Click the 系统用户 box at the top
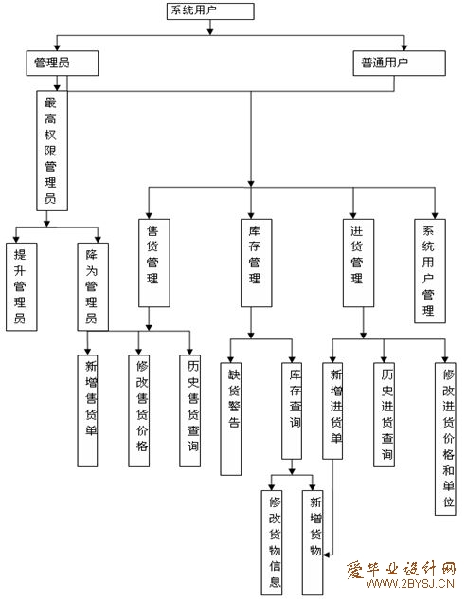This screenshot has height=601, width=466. [210, 10]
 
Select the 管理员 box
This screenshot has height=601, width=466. [62, 64]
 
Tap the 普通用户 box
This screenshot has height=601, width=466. [399, 64]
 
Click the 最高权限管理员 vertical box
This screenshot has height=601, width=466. [52, 151]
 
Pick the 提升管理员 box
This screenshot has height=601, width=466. [22, 286]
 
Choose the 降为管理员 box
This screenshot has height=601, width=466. [93, 286]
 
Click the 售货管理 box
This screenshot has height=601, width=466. [154, 263]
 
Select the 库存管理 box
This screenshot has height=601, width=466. [256, 263]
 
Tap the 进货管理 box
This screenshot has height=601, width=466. [358, 263]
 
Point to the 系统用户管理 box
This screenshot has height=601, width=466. [430, 271]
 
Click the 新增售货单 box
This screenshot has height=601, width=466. [87, 410]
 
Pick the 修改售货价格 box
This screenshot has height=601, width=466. [138, 410]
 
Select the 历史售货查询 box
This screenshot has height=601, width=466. [190, 410]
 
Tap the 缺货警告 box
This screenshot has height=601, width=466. [230, 419]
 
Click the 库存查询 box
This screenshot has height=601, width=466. [292, 410]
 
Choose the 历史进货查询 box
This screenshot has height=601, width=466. [384, 414]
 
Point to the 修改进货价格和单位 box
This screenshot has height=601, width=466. [445, 439]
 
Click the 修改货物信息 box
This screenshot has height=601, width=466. [272, 542]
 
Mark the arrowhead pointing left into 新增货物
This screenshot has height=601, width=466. [326, 555]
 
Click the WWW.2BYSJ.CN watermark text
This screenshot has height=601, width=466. [410, 584]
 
